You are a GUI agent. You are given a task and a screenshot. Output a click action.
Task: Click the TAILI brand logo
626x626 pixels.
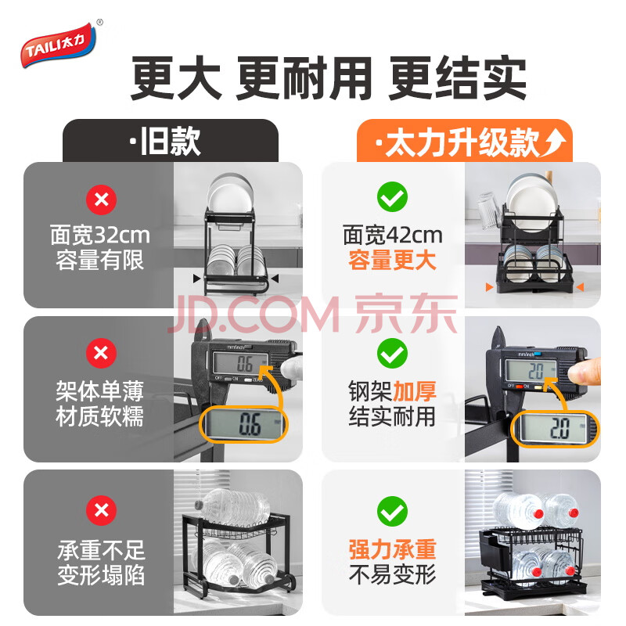59,45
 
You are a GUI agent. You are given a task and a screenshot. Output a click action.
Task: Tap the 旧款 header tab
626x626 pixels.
171,141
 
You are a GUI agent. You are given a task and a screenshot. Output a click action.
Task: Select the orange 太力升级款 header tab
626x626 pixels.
464,141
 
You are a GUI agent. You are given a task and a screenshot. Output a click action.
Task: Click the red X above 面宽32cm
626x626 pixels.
102,200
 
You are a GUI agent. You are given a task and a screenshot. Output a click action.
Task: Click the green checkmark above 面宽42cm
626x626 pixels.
393,197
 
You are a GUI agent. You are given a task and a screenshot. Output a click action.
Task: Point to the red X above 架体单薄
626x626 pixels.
102,354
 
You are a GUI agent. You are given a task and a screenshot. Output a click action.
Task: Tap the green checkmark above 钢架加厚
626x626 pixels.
393,354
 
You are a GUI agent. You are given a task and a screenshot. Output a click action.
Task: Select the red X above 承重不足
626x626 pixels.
102,511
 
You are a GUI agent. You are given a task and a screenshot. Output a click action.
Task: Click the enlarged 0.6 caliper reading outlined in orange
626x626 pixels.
243,424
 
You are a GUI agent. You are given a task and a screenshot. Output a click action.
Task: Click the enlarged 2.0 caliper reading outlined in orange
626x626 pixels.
555,429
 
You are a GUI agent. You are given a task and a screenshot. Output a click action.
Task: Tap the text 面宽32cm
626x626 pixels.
100,235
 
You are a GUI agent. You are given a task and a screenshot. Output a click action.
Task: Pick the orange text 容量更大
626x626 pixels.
392,261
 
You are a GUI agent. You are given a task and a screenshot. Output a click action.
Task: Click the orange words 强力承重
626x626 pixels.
392,549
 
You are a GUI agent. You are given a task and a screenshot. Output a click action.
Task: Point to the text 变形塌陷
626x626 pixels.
102,575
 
